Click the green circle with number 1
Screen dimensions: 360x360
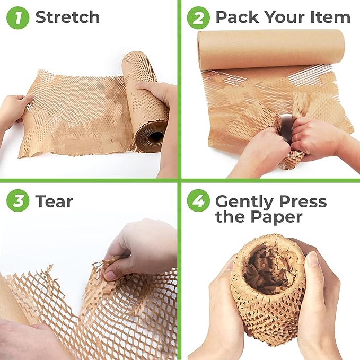(17, 17)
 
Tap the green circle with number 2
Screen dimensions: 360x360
(198, 17)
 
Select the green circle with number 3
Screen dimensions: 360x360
(17, 201)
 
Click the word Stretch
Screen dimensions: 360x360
(67, 17)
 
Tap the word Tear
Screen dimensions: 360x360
(54, 201)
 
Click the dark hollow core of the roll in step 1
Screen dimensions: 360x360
(155, 137)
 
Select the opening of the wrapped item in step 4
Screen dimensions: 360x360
(267, 265)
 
